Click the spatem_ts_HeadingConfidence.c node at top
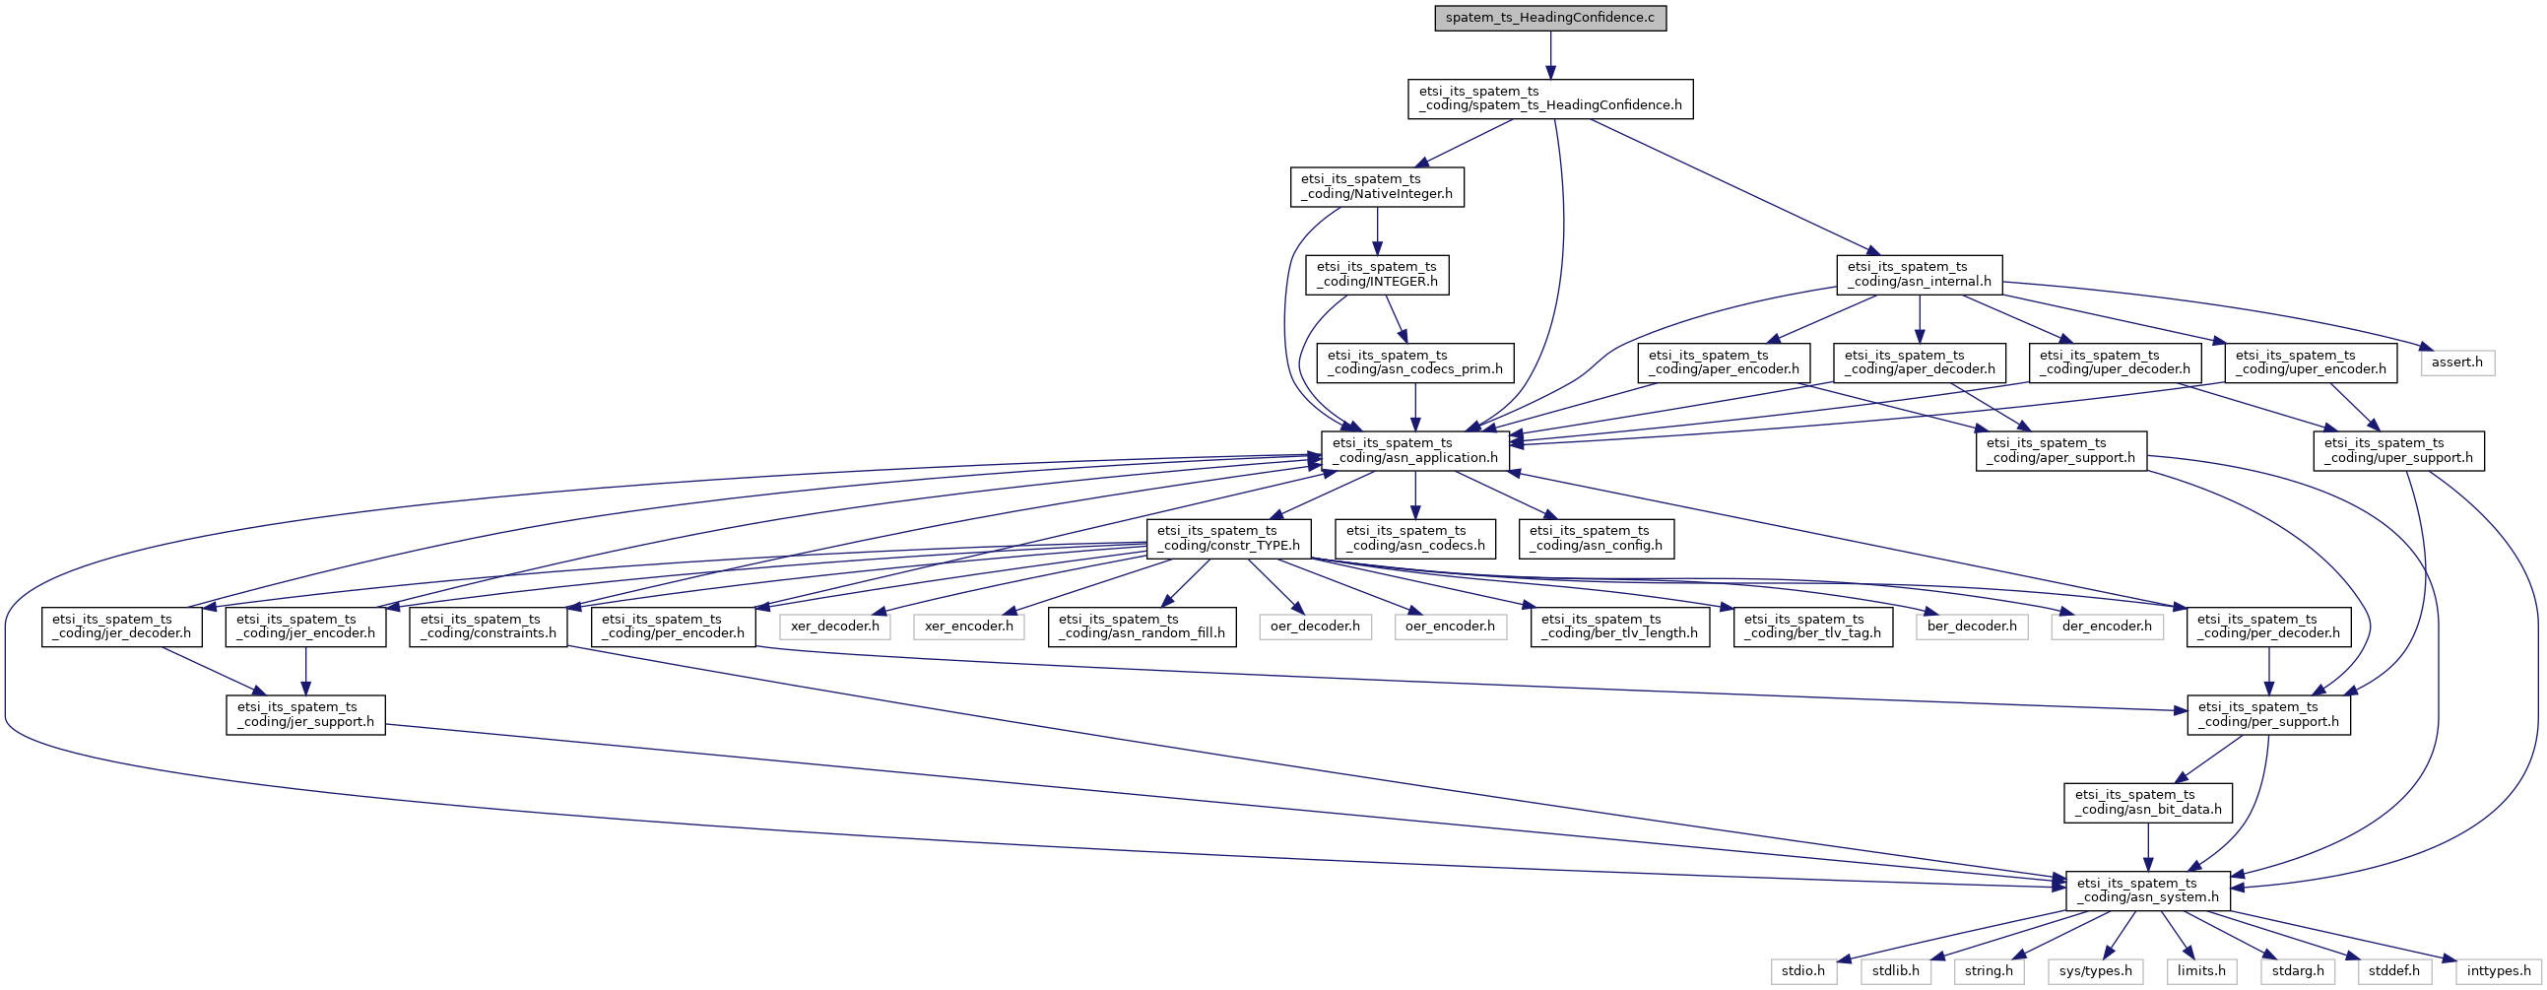[1549, 18]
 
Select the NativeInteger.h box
[1376, 186]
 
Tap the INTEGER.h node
[1376, 274]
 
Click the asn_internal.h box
[1919, 274]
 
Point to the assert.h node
[2456, 362]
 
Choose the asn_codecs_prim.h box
[1415, 362]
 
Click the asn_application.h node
[1415, 450]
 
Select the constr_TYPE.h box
[1228, 538]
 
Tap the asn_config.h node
[1596, 538]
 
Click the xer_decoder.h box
[834, 627]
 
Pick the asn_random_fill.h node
[1141, 627]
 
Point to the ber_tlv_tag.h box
[1812, 627]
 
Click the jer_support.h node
[305, 714]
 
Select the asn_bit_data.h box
[2146, 802]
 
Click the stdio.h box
[1802, 971]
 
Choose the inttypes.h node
[2498, 971]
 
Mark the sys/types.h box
[2095, 971]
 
